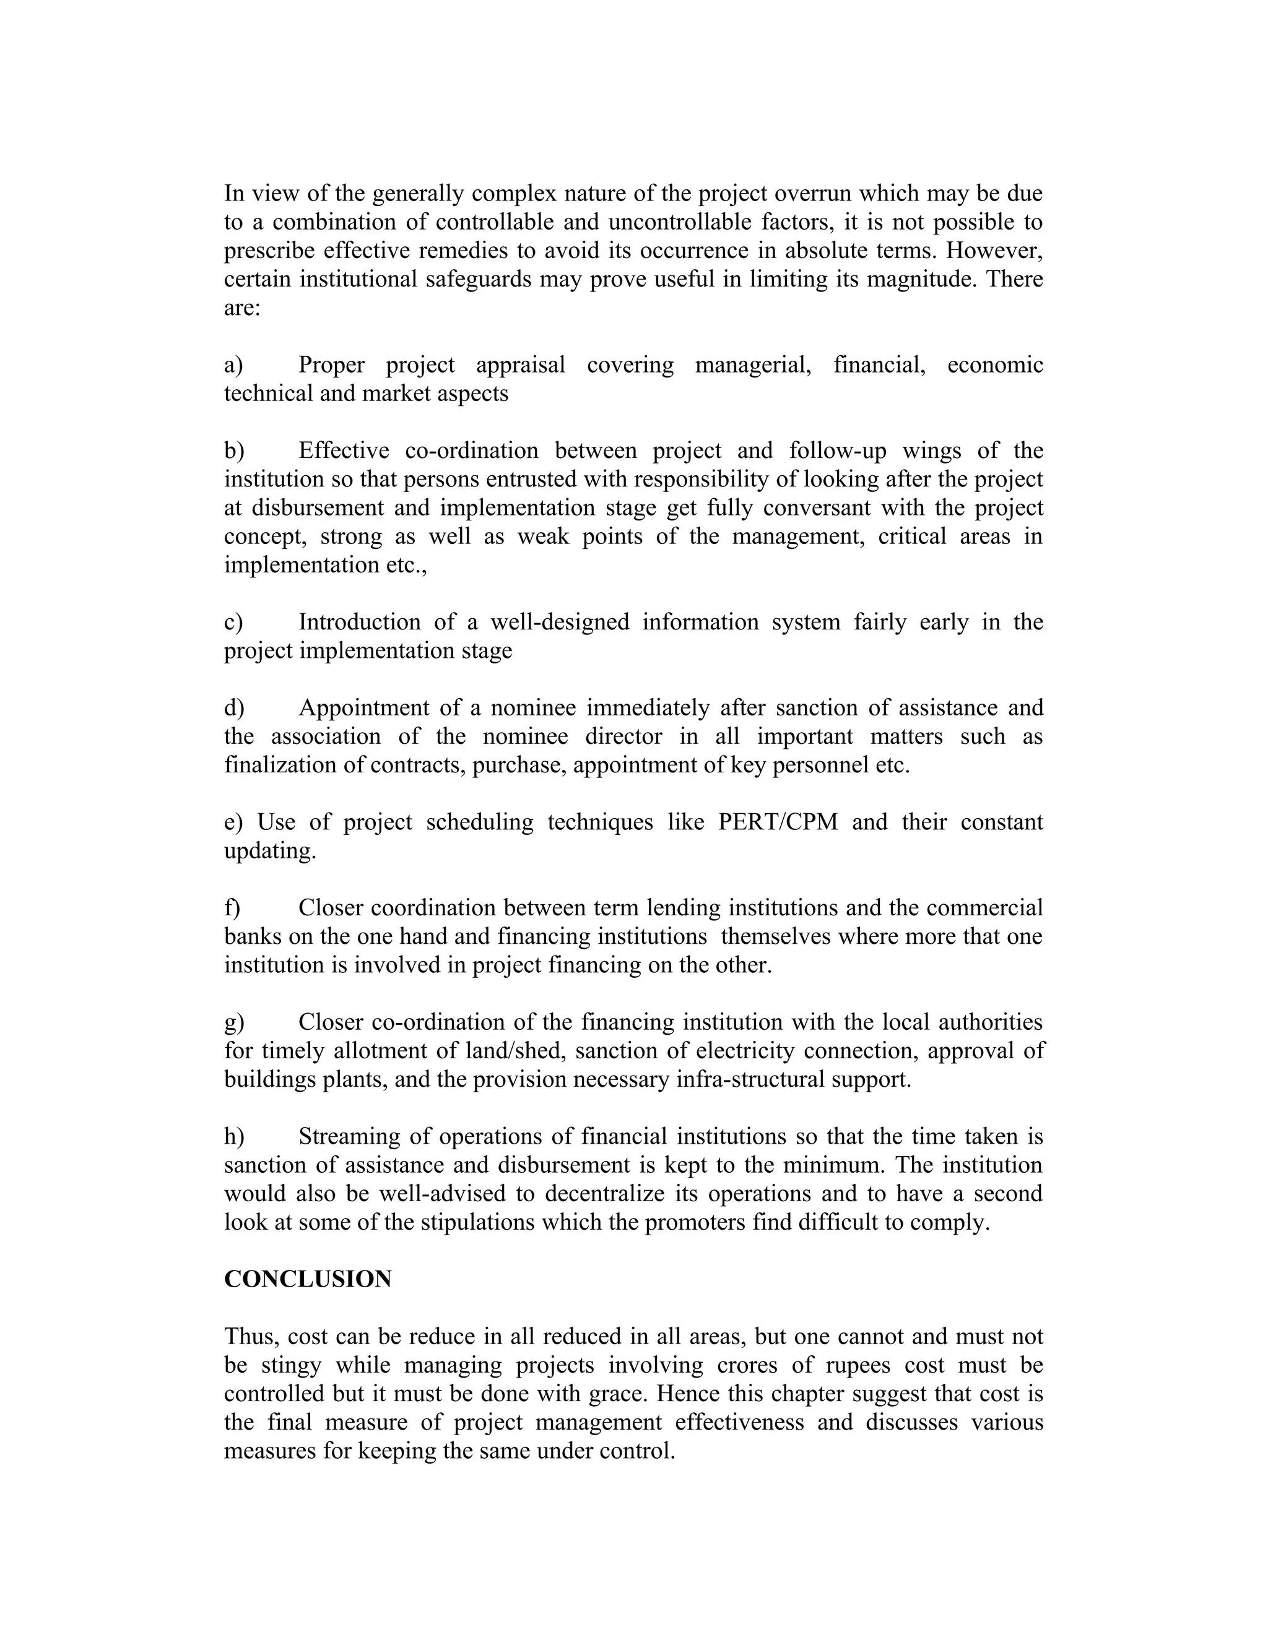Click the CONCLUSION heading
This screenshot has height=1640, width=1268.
click(307, 1279)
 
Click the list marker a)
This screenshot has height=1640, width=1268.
click(233, 365)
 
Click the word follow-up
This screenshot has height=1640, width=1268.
click(838, 451)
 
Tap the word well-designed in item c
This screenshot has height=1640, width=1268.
click(560, 623)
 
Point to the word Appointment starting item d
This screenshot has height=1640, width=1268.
click(363, 708)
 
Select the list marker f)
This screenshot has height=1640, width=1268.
click(232, 908)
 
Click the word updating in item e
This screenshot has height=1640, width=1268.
click(270, 852)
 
